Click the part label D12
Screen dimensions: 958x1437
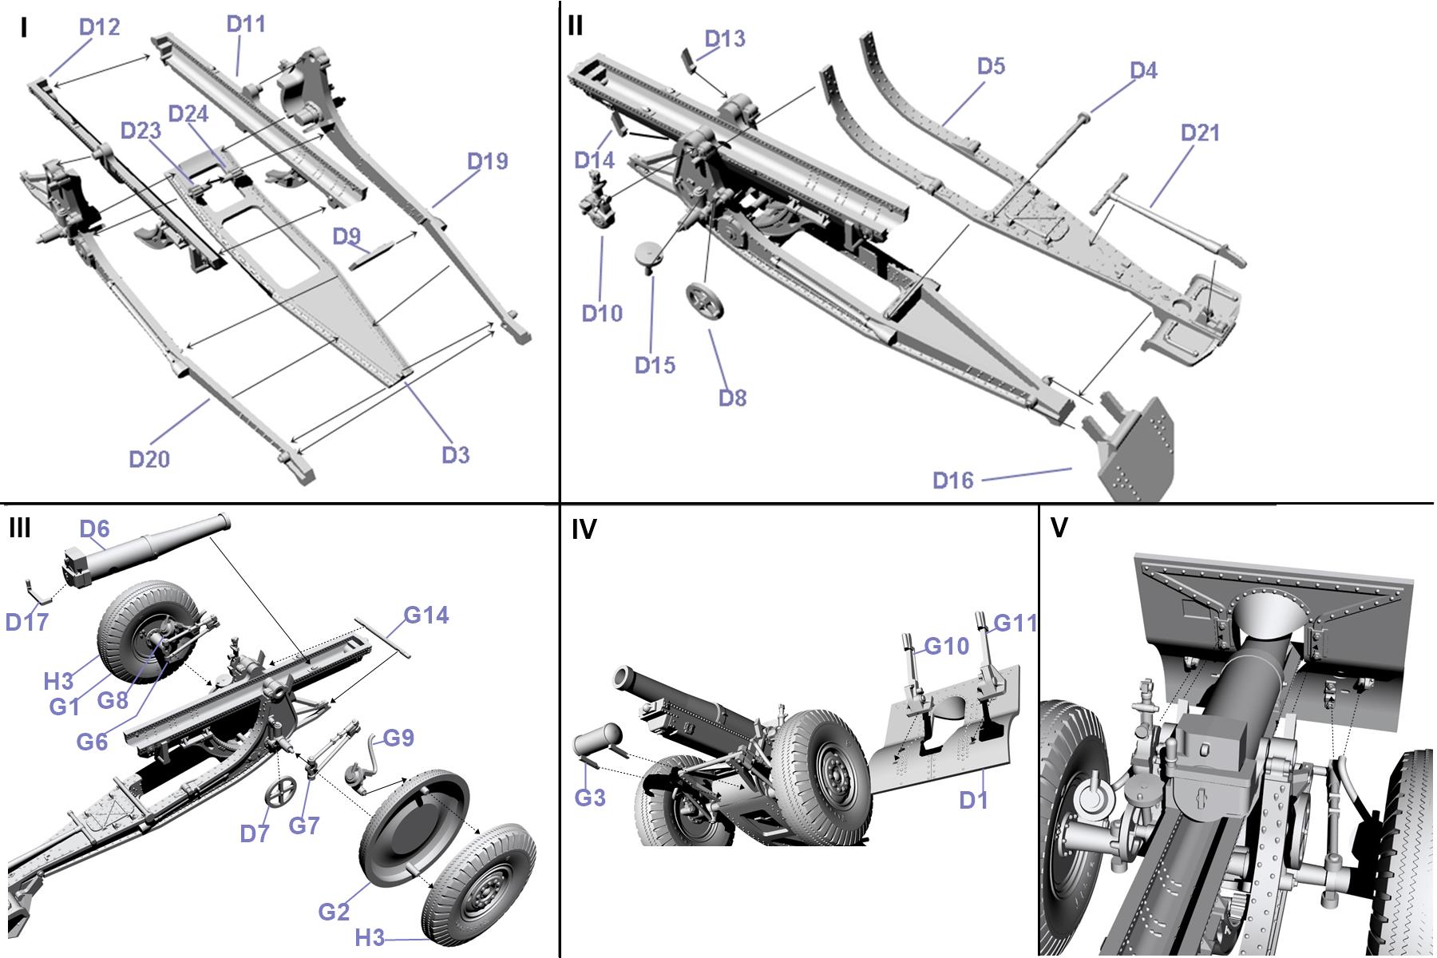click(99, 27)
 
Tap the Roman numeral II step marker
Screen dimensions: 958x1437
click(576, 26)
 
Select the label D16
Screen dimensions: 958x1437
click(953, 480)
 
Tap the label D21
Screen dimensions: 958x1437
click(1200, 133)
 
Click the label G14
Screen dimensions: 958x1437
click(426, 615)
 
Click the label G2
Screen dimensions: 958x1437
click(334, 911)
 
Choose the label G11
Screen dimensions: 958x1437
click(1015, 623)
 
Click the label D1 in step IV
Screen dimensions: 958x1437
click(972, 799)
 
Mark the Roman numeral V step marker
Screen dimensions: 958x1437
click(1059, 528)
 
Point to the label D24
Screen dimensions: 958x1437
click(188, 114)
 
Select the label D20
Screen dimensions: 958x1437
click(149, 458)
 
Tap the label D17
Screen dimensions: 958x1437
click(27, 621)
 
